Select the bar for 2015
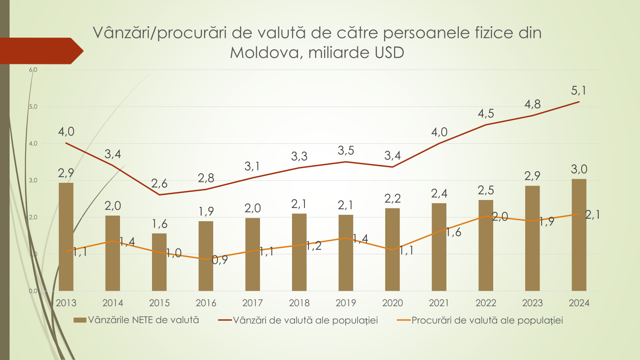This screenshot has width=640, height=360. pos(159,262)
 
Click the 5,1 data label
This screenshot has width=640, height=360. pos(578,91)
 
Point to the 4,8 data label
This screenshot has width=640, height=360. pos(532,104)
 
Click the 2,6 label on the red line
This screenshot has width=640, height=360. pos(159,184)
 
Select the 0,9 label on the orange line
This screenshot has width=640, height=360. pos(220,260)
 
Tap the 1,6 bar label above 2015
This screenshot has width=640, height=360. pos(159,224)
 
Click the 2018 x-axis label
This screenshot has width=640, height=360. pos(299,303)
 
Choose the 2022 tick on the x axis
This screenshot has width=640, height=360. pos(486,303)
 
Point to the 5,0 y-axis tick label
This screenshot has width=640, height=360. pos(33,107)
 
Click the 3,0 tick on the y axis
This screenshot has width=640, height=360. pos(33,180)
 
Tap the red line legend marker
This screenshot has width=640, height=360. pos(225,320)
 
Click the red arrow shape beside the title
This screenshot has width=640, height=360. pos(40,51)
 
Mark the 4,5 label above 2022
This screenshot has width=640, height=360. pos(486,114)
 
